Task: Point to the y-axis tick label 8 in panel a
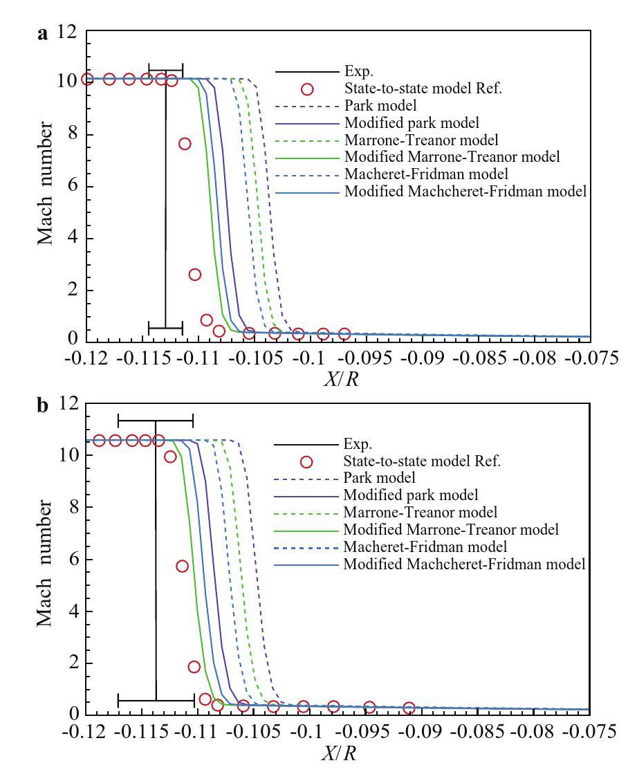click(73, 134)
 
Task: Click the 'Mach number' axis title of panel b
click(45, 559)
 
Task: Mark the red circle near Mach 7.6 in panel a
click(185, 144)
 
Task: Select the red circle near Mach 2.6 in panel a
click(195, 275)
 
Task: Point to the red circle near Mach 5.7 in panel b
click(182, 566)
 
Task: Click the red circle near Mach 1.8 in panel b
click(194, 667)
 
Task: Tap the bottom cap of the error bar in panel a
click(165, 327)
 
